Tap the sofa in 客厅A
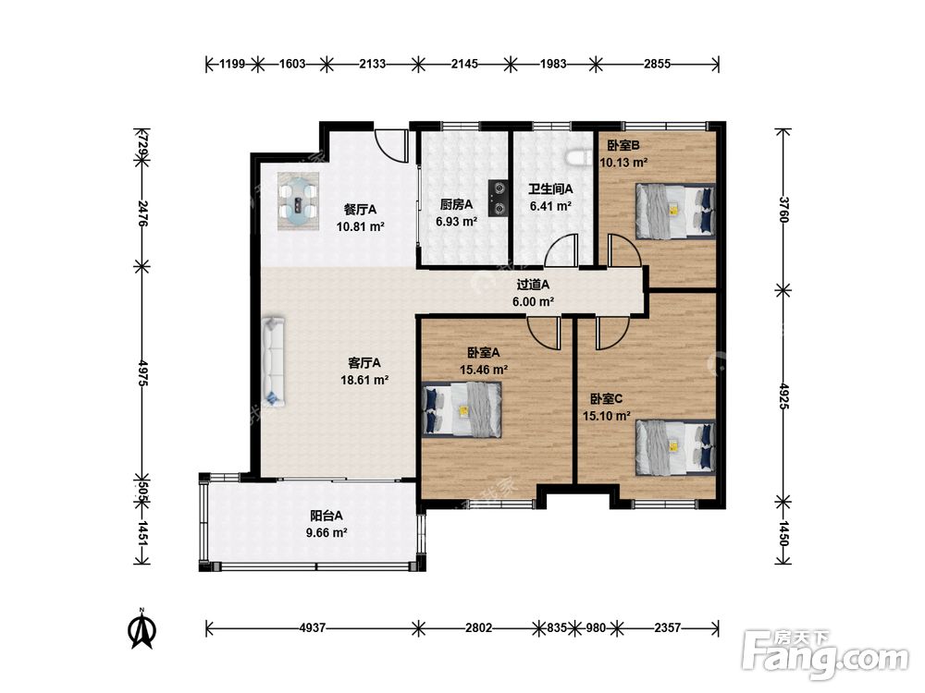pos(274,362)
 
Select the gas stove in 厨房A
pos(498,198)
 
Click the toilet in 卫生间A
pos(579,159)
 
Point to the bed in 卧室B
pos(675,212)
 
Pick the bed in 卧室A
pos(462,409)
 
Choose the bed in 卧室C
pos(675,447)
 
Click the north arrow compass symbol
pos(142,629)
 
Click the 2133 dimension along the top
pos(372,64)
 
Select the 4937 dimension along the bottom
pos(312,628)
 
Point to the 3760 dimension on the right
pos(783,209)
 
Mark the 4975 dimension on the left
pos(142,373)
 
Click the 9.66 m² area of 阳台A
pos(327,533)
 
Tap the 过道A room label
pos(534,285)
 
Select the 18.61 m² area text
pos(364,380)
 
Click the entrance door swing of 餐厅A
pos(391,145)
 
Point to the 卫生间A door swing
pos(561,249)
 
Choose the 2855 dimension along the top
pos(657,64)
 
